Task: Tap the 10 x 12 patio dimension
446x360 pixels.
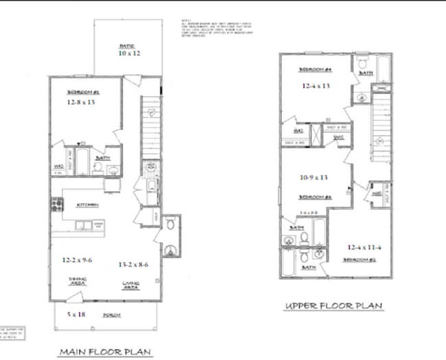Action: point(128,53)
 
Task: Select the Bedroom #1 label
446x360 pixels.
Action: point(83,92)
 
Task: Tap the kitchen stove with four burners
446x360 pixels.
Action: point(56,203)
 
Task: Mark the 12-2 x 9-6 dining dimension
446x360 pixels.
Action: point(78,261)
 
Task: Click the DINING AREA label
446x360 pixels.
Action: point(78,281)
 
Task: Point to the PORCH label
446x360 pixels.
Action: point(113,315)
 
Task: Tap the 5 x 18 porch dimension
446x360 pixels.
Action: point(76,314)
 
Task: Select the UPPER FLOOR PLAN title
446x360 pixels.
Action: point(334,306)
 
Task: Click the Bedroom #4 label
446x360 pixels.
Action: point(315,70)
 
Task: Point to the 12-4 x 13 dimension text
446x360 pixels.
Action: point(316,86)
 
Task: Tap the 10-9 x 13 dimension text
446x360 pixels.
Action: point(314,177)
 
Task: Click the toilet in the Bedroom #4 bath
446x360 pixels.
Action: point(362,65)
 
